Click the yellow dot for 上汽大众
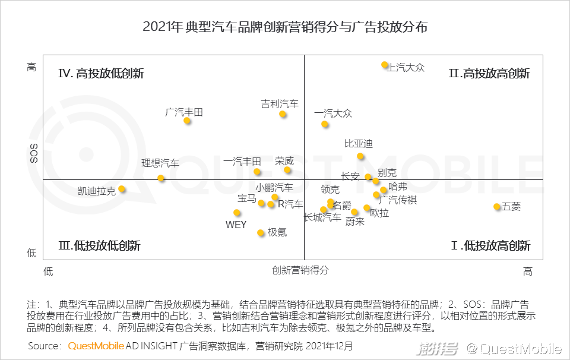pyautogui.click(x=385, y=65)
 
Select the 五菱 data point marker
pyautogui.click(x=497, y=207)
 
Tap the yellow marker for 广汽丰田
pyautogui.click(x=187, y=121)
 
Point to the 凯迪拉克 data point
pyautogui.click(x=122, y=189)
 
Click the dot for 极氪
pyautogui.click(x=261, y=233)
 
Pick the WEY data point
pyautogui.click(x=237, y=213)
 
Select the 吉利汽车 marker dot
pyautogui.click(x=283, y=114)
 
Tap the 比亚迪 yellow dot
pyautogui.click(x=360, y=156)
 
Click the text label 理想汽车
pyautogui.click(x=160, y=163)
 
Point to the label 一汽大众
pyautogui.click(x=333, y=113)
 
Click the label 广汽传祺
pyautogui.click(x=398, y=200)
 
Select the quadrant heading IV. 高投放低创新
pyautogui.click(x=101, y=74)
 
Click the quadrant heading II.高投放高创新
pyautogui.click(x=489, y=74)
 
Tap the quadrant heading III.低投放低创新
pyautogui.click(x=99, y=245)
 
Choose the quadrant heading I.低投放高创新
pyautogui.click(x=490, y=245)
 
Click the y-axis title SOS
pyautogui.click(x=34, y=153)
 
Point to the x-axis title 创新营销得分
pyautogui.click(x=300, y=270)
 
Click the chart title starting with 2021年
pyautogui.click(x=285, y=27)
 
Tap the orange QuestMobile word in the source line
pyautogui.click(x=96, y=346)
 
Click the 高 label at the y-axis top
pyautogui.click(x=31, y=67)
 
